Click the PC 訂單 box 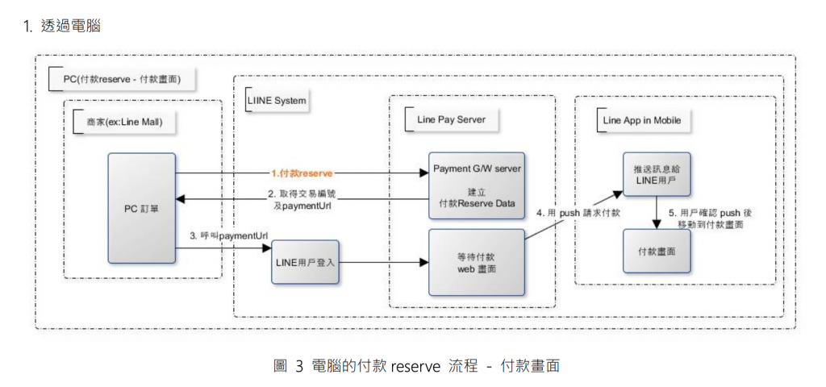(x=142, y=208)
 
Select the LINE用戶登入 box (x=305, y=262)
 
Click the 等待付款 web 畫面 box (x=477, y=262)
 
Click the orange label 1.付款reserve (x=302, y=173)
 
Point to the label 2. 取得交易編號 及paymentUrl (x=303, y=200)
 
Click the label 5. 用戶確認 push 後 (x=710, y=213)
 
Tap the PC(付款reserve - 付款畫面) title (x=121, y=79)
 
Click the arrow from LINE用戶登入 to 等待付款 (x=383, y=262)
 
